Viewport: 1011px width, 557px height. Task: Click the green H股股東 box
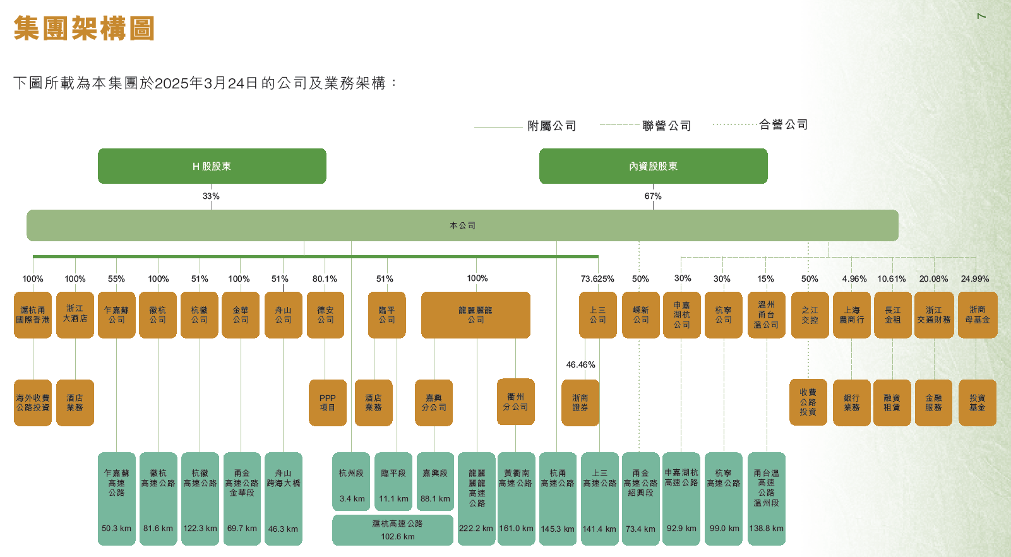pos(212,166)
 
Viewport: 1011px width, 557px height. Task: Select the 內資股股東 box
pos(653,166)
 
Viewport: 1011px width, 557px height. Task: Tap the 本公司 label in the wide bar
pos(462,225)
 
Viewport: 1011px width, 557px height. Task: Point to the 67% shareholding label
pos(653,196)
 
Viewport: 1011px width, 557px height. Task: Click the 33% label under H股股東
pos(211,196)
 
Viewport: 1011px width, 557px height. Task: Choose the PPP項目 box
pos(327,403)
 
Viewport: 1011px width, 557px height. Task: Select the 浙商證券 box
pos(580,403)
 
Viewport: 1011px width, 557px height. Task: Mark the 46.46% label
pos(580,365)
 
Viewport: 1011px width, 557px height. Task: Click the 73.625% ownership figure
pos(597,278)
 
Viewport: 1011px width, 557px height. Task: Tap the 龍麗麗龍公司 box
pos(476,314)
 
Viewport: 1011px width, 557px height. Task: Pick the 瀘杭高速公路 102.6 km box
pos(393,530)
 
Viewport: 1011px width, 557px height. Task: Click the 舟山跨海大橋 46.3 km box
pos(283,498)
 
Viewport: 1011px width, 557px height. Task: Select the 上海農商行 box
pos(851,314)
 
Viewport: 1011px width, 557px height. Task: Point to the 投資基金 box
pos(977,403)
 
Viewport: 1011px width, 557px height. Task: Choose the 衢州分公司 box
pos(515,402)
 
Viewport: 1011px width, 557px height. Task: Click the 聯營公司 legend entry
pos(666,126)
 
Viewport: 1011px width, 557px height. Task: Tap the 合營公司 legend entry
pos(783,124)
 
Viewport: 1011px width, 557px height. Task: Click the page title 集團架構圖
pos(84,28)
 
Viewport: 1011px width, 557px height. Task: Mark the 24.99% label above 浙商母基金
pos(974,278)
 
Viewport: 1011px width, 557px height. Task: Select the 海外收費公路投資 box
pos(33,403)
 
